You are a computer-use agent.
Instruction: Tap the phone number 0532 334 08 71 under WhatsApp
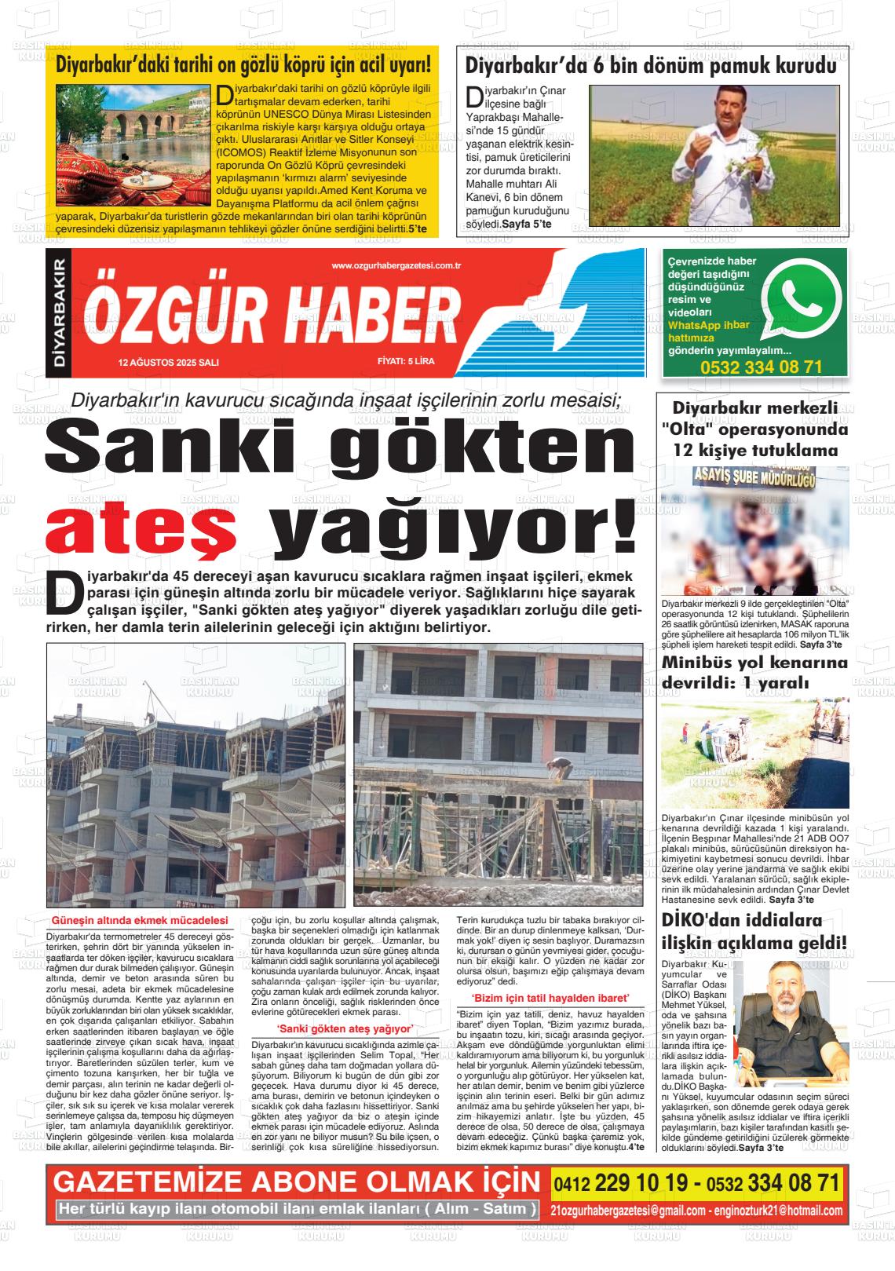tap(761, 367)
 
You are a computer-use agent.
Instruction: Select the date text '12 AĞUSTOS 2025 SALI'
tap(168, 363)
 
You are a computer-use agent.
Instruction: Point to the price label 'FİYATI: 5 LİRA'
tap(405, 363)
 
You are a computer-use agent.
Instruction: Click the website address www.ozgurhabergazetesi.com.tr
tap(396, 266)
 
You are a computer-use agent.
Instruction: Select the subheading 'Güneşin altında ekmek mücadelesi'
tap(139, 920)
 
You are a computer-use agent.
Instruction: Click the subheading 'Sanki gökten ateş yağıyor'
tap(345, 1028)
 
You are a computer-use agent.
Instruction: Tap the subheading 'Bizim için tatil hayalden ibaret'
tap(550, 998)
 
